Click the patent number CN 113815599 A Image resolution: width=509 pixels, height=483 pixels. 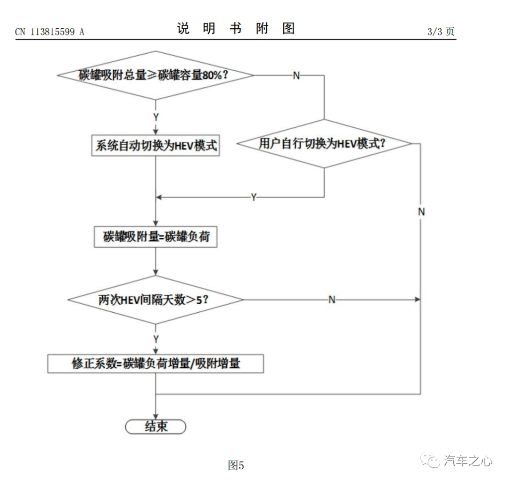point(49,32)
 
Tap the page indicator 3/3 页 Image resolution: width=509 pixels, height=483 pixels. point(441,32)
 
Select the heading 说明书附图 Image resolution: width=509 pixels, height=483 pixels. point(236,29)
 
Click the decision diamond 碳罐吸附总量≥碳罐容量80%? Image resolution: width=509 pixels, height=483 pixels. point(156,75)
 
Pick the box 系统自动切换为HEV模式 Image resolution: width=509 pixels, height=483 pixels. point(156,146)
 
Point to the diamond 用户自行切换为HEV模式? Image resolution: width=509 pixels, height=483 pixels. point(324,143)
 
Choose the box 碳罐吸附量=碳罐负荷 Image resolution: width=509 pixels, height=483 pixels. point(156,237)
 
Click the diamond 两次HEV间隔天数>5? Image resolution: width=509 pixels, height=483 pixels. point(156,300)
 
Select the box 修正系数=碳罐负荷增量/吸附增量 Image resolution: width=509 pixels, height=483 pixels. point(156,364)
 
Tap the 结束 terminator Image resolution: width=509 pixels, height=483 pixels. point(156,426)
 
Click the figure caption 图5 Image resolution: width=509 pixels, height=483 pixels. point(236,465)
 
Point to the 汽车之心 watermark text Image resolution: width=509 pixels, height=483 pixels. point(468,460)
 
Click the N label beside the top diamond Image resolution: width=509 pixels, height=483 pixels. point(296,75)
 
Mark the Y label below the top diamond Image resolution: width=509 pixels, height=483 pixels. point(156,117)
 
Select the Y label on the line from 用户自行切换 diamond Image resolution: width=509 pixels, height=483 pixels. point(254,197)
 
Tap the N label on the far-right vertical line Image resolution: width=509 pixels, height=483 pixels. point(421,212)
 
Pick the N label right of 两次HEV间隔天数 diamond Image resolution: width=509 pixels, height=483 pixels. point(332,300)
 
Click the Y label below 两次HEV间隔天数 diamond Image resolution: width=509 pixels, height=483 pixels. point(156,339)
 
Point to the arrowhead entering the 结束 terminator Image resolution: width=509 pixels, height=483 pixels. point(156,416)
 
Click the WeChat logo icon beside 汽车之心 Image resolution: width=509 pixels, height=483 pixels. point(431,460)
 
